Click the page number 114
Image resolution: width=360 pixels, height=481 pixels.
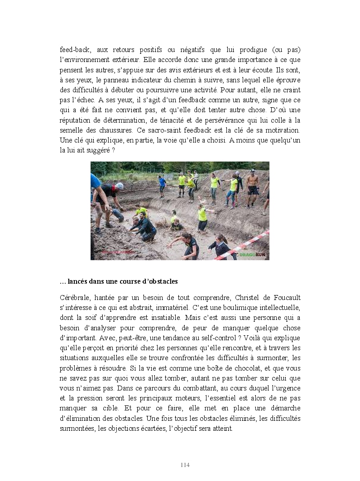pos(185,465)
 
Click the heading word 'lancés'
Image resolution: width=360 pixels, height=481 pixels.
pos(78,281)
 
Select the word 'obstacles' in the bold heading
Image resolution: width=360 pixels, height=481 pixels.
pos(163,281)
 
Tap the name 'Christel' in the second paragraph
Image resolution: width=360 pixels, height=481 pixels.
pos(245,297)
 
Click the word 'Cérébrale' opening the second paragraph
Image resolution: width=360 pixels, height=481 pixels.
pos(74,297)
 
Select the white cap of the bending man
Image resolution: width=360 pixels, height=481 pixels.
pos(119,186)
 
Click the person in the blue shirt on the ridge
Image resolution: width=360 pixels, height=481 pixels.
pos(162,185)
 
